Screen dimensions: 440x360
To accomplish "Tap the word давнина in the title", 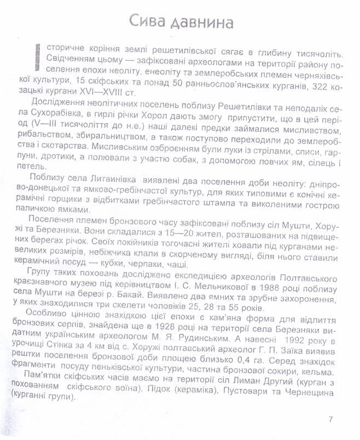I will point(205,22).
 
